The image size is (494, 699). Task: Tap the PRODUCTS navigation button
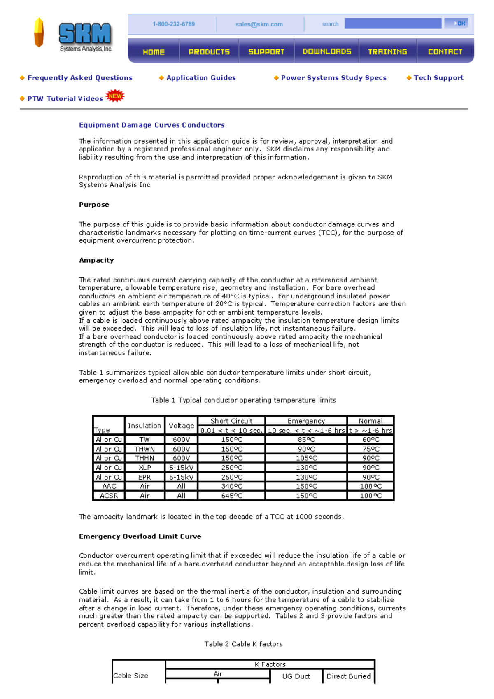209,51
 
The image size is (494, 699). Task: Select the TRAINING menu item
387,51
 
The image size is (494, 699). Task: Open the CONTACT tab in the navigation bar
445,51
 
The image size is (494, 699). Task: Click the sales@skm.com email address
259,24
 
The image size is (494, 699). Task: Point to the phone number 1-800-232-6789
173,24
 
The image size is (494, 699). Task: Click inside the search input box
393,23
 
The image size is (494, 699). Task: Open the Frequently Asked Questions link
80,78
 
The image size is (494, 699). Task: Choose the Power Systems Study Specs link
333,78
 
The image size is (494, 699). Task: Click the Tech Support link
438,78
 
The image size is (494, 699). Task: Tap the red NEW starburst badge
115,96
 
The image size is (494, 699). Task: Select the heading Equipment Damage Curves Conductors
151,125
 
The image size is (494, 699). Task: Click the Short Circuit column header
231,421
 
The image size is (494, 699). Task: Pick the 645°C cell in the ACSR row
232,496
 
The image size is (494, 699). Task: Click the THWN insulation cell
144,449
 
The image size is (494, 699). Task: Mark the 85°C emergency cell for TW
306,439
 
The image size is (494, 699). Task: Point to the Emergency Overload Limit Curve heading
140,536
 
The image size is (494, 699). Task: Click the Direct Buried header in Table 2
348,676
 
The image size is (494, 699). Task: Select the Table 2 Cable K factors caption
243,644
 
